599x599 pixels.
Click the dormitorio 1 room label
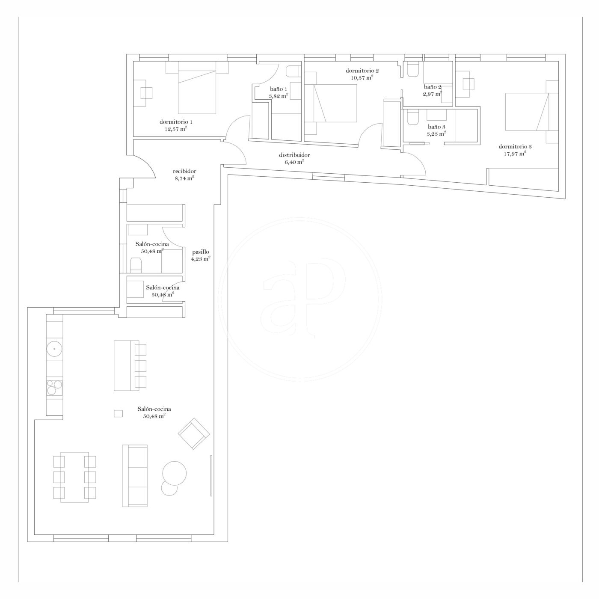point(173,122)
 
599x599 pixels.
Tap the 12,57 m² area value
point(175,128)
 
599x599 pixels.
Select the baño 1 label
point(279,89)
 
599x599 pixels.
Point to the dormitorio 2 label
point(362,71)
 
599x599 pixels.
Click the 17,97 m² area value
point(515,153)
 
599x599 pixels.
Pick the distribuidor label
point(294,155)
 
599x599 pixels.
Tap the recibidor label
point(185,171)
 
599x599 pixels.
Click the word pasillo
point(201,252)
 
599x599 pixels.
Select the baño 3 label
point(436,127)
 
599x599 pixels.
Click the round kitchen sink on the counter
point(54,350)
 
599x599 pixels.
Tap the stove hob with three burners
point(54,388)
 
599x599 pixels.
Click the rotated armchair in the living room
point(194,433)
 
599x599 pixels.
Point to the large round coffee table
point(175,473)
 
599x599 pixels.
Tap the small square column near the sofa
point(118,413)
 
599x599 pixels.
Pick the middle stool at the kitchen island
point(140,366)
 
